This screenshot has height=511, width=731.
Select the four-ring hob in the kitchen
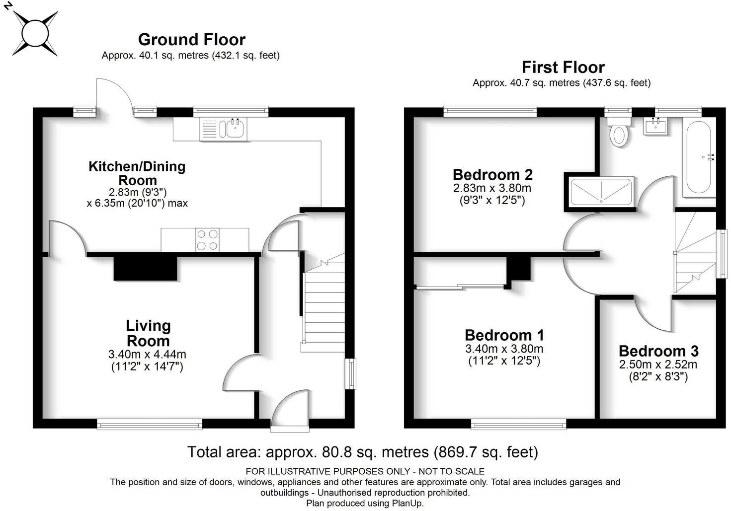coord(207,240)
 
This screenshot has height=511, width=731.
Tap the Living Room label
coord(148,333)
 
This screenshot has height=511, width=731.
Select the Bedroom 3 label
coord(658,351)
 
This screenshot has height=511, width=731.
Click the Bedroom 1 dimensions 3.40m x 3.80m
coord(504,349)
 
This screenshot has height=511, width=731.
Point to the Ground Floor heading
coord(191,39)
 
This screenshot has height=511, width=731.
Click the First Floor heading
coord(563,67)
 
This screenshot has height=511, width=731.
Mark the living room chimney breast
coord(146,269)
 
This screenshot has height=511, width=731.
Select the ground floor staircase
coord(324,308)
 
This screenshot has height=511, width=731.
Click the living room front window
coord(150,424)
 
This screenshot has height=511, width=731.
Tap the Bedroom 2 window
coord(490,112)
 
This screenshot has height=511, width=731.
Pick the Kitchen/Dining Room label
coord(137,173)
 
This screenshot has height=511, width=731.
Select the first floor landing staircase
coord(695,253)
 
